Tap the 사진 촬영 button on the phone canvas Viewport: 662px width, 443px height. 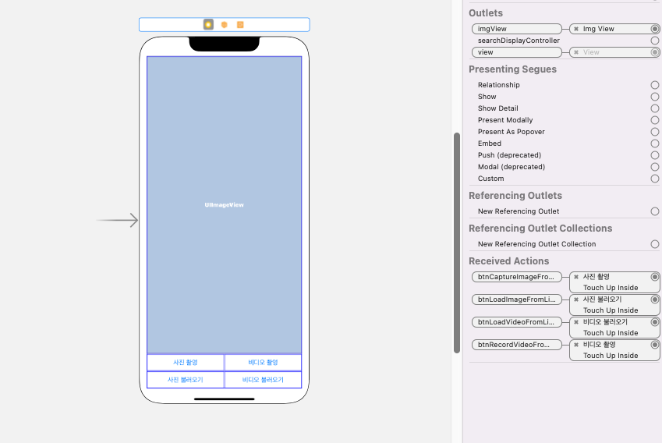tap(185, 363)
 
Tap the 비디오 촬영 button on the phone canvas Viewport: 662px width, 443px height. tap(263, 363)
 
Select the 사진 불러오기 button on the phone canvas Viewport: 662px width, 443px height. tap(185, 380)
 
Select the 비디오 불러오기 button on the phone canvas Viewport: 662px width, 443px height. tap(263, 380)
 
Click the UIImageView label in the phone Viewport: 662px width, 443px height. tap(225, 205)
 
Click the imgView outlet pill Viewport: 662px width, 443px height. tap(516, 29)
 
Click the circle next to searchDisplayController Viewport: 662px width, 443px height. tap(655, 41)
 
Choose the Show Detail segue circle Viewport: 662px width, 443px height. tap(655, 108)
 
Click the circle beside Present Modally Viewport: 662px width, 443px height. tap(655, 120)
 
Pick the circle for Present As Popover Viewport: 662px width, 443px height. tap(655, 132)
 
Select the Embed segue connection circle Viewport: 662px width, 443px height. tap(655, 144)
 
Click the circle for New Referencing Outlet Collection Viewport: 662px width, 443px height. tap(655, 244)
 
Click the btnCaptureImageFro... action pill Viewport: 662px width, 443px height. tap(516, 277)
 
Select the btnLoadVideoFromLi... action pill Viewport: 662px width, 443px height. tap(516, 322)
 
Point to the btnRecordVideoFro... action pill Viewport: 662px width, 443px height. tap(516, 345)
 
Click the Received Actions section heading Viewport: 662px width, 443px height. tap(508, 261)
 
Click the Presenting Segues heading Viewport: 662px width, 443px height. tap(512, 69)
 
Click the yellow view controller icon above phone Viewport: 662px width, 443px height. tap(208, 25)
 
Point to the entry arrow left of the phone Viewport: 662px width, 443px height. tap(118, 221)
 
